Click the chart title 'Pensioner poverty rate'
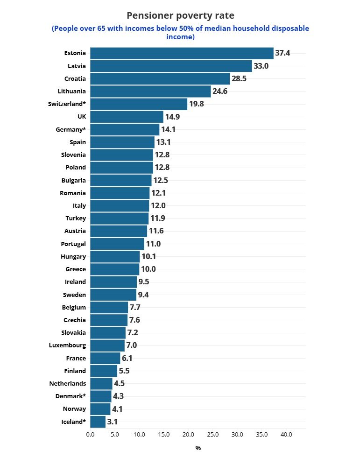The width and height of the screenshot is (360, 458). (x=180, y=16)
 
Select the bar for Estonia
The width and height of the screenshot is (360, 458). (x=182, y=53)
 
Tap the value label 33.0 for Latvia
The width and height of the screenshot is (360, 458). (x=261, y=66)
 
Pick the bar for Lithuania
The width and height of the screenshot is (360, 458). (x=150, y=91)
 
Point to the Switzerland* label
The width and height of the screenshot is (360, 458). (x=67, y=104)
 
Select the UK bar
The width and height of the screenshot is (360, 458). (x=127, y=117)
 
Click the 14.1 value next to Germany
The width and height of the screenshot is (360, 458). (x=168, y=129)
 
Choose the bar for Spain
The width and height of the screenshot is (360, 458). (x=122, y=142)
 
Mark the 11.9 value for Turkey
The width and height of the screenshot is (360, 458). (x=157, y=218)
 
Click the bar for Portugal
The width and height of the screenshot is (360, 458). (x=117, y=243)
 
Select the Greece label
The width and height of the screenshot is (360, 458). (x=76, y=269)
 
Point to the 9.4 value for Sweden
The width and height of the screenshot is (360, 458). (x=143, y=295)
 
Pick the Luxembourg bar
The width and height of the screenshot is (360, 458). (x=107, y=345)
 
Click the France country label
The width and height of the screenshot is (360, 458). (x=76, y=358)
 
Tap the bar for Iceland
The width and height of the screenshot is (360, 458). (x=98, y=422)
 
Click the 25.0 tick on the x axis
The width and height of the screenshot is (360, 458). (x=212, y=435)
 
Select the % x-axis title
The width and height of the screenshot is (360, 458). (x=198, y=448)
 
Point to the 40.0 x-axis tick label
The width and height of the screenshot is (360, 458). (x=286, y=435)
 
